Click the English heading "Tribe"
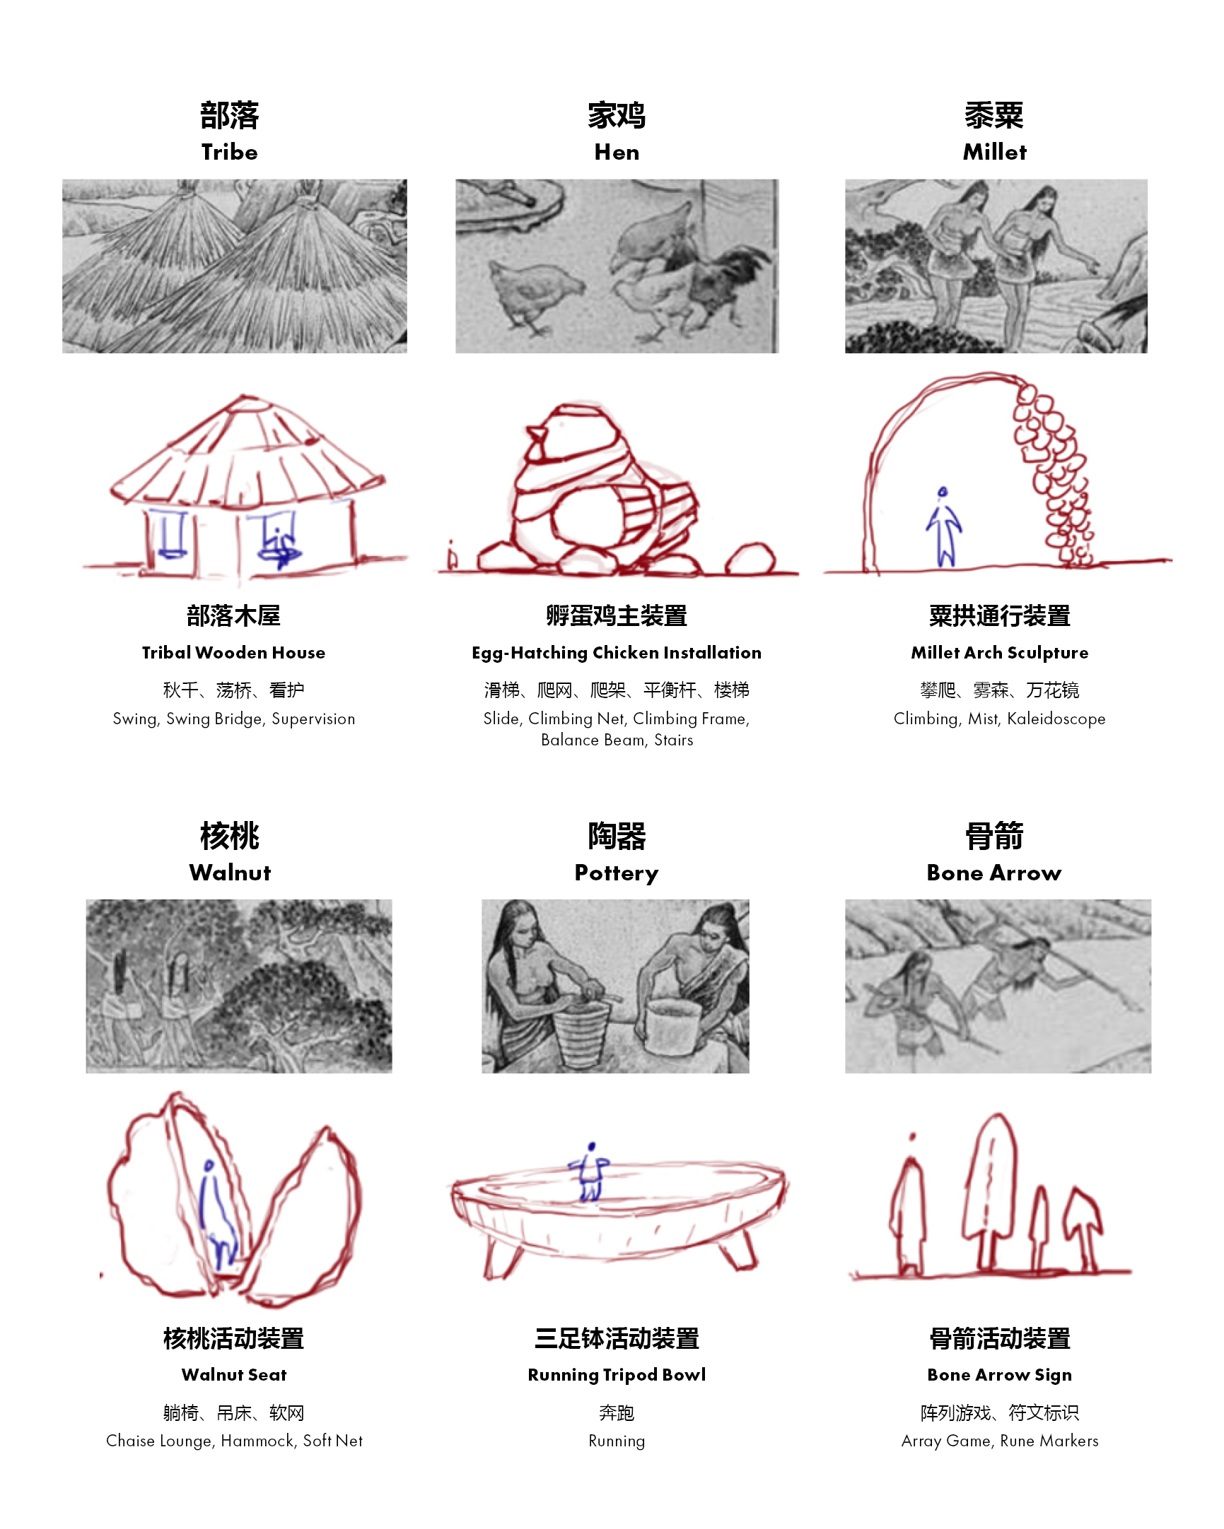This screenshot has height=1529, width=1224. pos(229,152)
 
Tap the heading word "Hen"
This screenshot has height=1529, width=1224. pos(617,152)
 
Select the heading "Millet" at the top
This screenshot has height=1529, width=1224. pos(994,152)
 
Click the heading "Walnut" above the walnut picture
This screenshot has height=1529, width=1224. pos(230,873)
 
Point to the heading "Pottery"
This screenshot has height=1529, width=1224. pos(617,873)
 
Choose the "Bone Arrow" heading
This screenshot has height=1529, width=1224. pos(994,873)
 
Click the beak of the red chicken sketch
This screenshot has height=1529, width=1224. pos(536,433)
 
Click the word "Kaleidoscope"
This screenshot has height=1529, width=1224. pos(1056,719)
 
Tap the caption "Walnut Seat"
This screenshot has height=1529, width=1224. pos(234,1374)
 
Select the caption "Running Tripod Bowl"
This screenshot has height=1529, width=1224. pos(617,1375)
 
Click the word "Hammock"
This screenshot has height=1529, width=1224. pos(257,1441)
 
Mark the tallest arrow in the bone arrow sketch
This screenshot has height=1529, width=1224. pos(990,1191)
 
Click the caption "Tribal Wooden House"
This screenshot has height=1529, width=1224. pos(233,652)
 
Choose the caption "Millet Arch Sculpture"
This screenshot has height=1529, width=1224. pos(999,652)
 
